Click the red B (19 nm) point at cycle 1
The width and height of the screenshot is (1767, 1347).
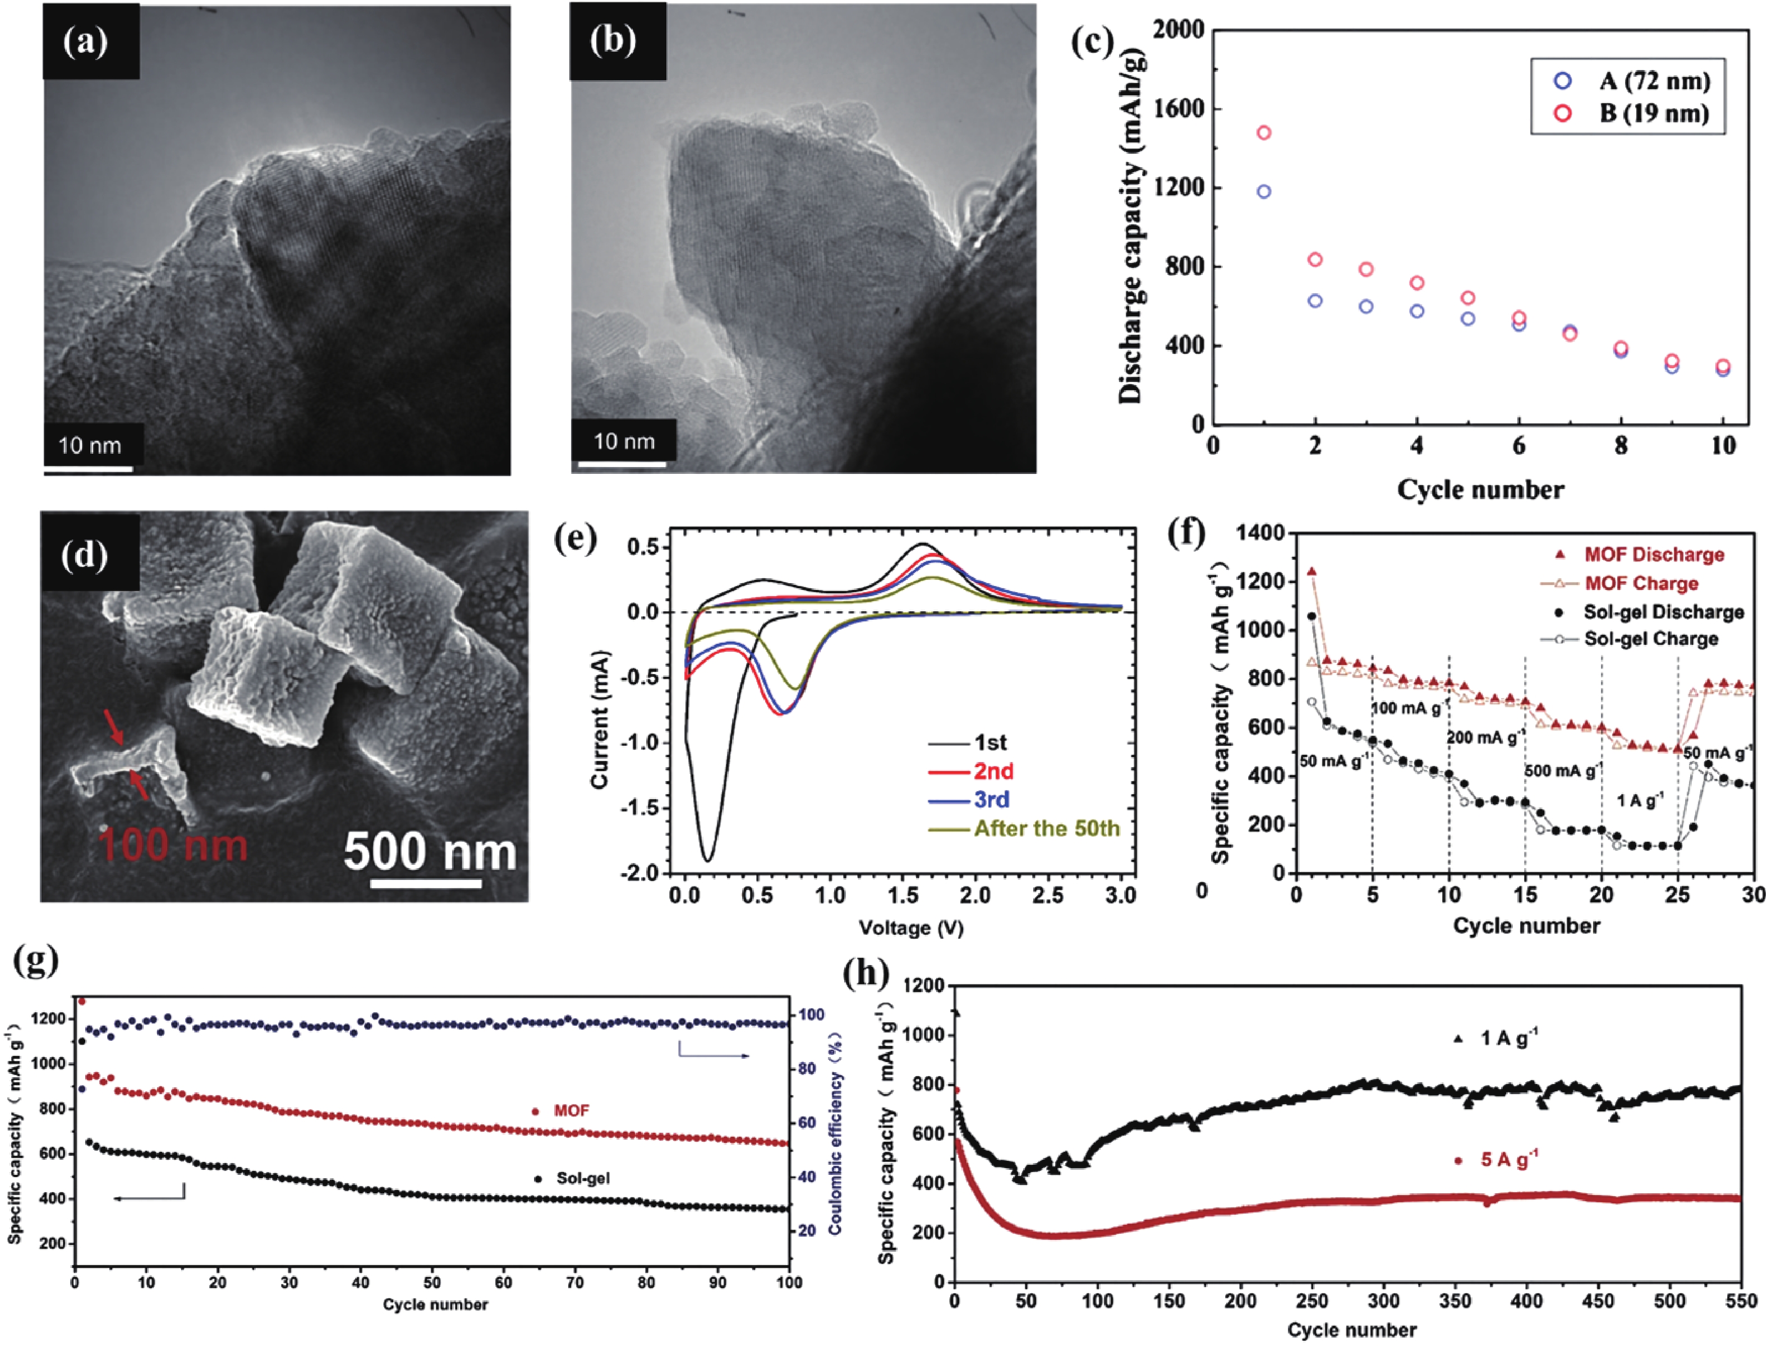coord(1264,132)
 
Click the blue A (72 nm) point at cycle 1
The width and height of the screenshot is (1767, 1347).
coord(1264,192)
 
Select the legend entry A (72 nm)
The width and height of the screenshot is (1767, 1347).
coord(1654,81)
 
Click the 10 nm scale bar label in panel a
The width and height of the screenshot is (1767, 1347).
coord(90,445)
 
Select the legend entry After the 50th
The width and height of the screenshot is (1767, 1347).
coord(1046,828)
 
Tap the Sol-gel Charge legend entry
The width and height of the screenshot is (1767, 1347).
coord(1651,639)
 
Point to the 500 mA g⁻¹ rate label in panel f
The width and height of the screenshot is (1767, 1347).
coord(1562,771)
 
